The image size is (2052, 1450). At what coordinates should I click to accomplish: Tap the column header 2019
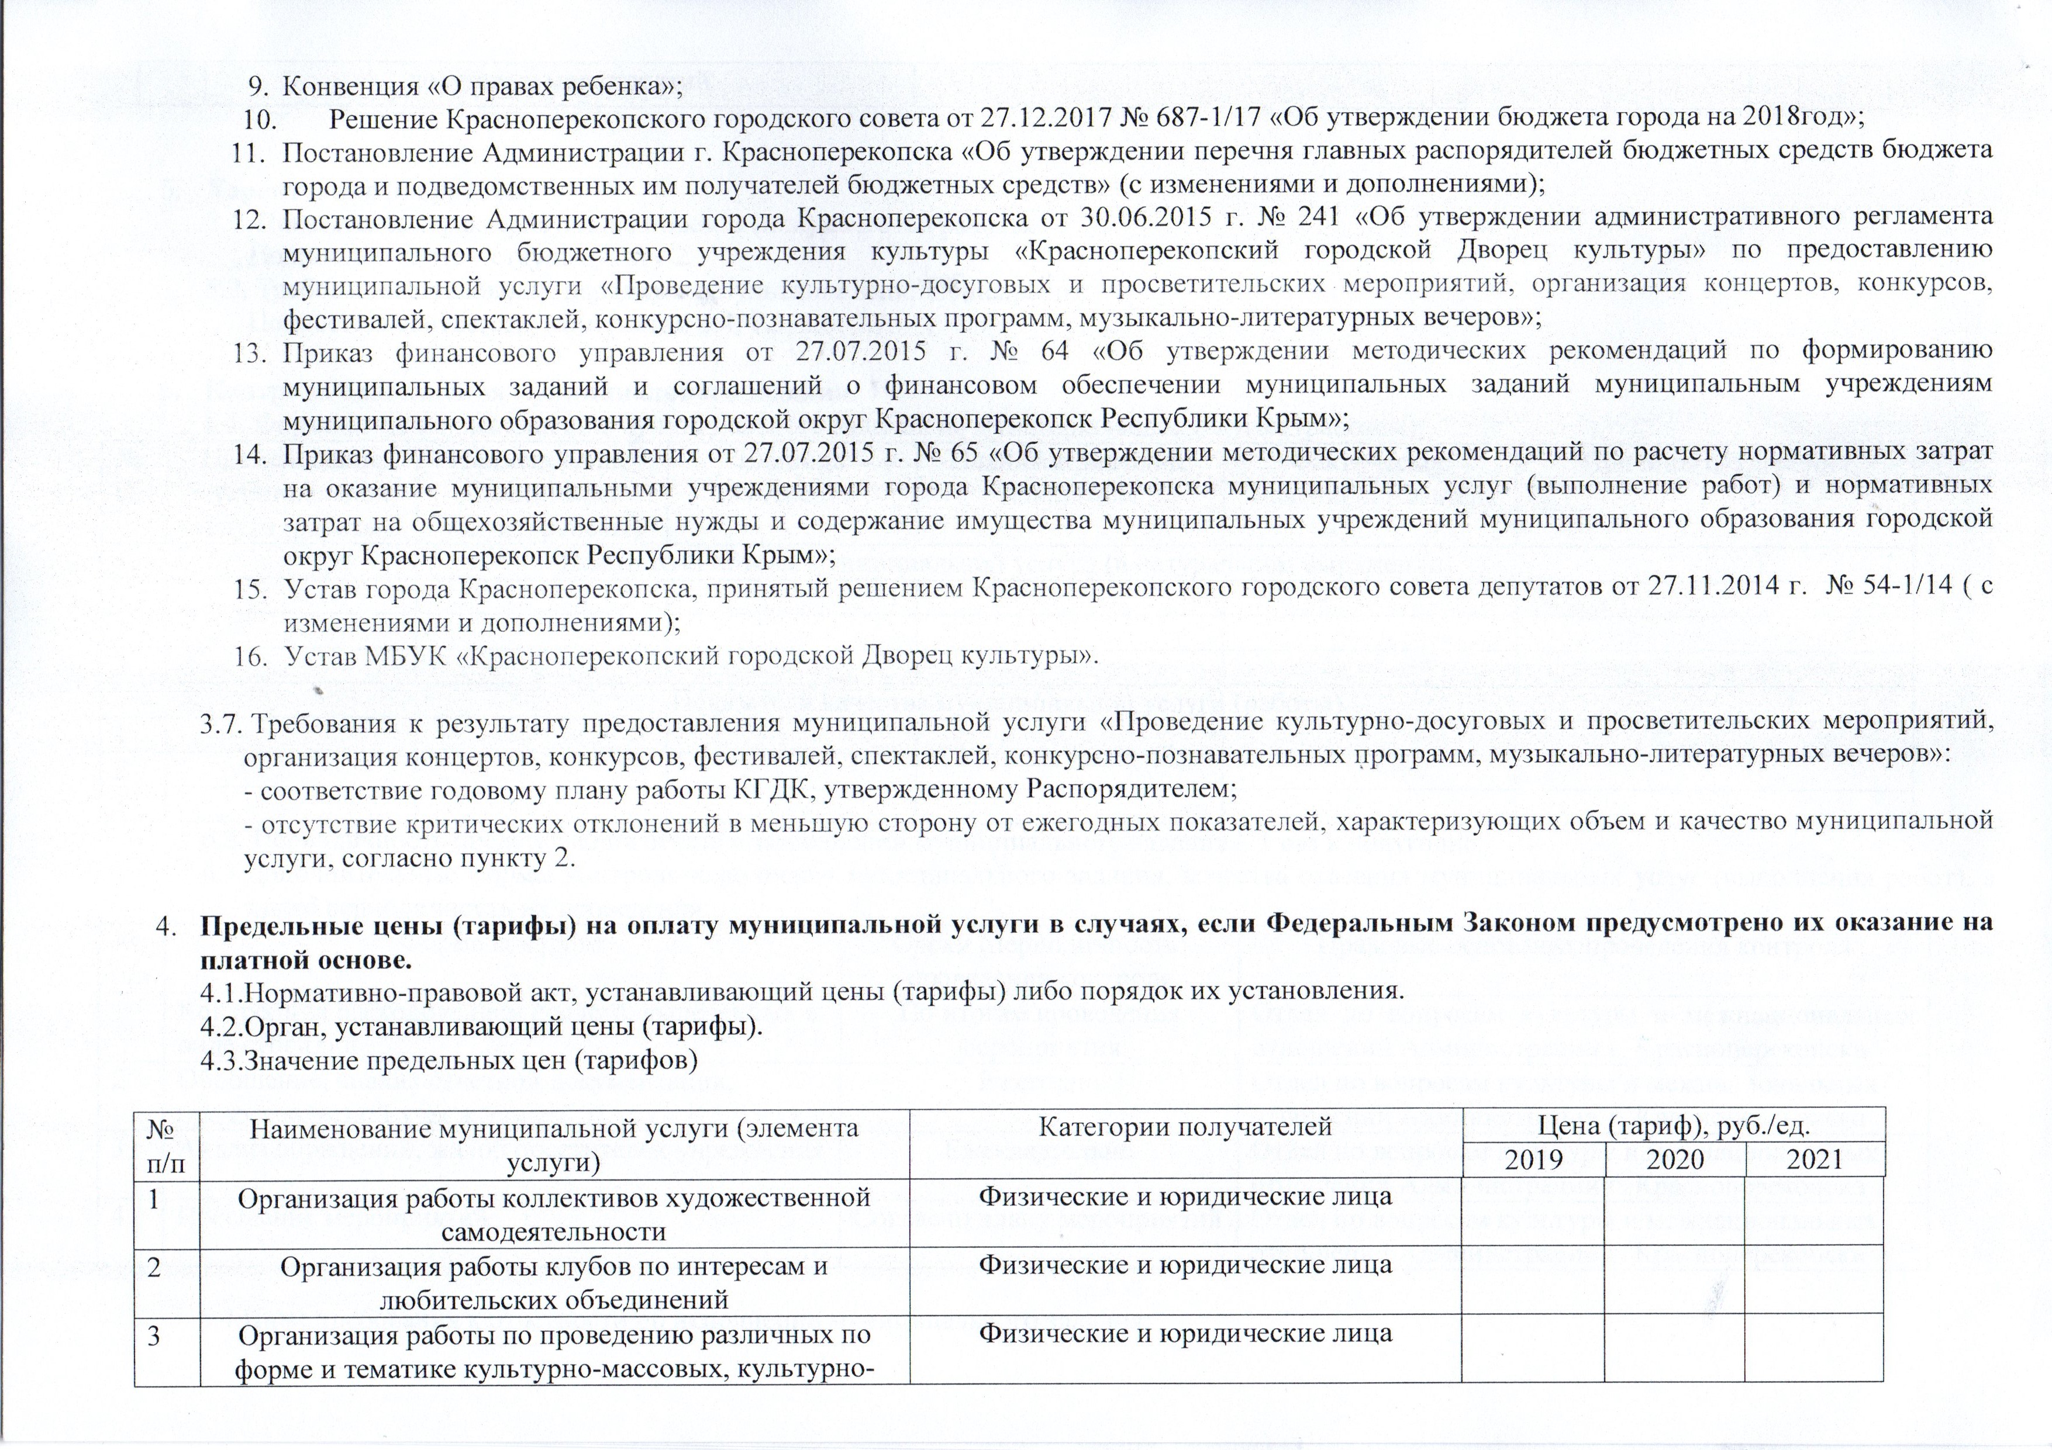click(1534, 1160)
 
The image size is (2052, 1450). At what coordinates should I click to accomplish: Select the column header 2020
click(1675, 1160)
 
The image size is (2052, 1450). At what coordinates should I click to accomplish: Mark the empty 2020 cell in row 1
click(1675, 1212)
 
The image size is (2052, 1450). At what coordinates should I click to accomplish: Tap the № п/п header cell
click(167, 1143)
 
